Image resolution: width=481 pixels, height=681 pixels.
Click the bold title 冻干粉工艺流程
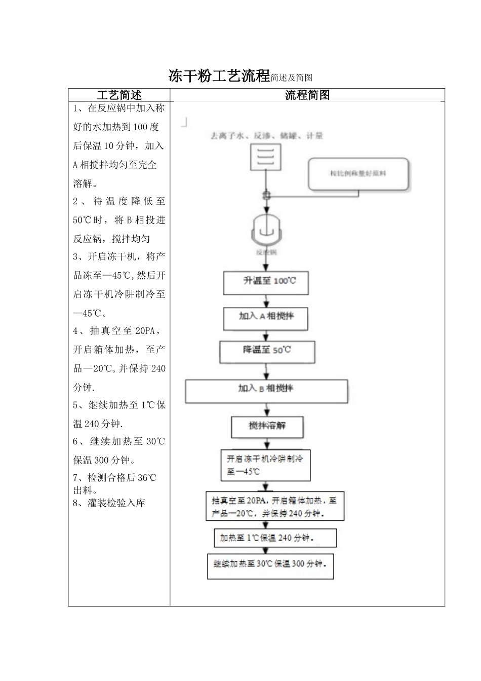coord(219,77)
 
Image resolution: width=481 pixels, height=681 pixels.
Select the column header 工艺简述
coord(119,95)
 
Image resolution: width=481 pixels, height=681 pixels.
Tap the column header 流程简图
coord(307,95)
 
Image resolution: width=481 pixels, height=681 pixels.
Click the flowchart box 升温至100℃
coord(266,283)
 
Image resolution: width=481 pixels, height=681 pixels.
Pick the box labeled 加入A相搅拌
coord(266,318)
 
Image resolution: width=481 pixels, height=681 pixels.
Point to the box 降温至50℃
coord(267,352)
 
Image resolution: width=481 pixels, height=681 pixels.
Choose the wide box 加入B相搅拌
coord(266,391)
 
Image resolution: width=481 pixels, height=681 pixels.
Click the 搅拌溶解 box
coord(267,427)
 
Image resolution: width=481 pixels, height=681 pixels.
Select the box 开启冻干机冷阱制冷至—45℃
coord(265,465)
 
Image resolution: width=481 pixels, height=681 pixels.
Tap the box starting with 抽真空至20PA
coord(274,506)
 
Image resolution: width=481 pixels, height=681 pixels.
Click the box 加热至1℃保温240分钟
coord(275,538)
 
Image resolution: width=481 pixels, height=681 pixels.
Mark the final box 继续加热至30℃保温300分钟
coord(270,565)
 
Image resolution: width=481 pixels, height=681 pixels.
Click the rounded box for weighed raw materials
coord(358,174)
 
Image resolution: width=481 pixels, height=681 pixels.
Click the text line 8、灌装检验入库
coord(109,503)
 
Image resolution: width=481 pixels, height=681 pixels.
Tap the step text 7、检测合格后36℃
coord(114,478)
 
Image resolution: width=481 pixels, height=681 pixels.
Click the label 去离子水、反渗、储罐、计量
coord(266,136)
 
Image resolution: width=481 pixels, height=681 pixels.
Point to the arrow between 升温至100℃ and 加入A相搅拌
coord(266,301)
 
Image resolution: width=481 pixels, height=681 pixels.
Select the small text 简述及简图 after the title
coord(291,78)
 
